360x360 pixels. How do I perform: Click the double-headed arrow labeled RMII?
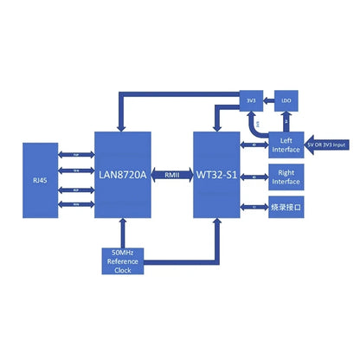tap(173, 175)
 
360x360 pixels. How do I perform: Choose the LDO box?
tap(286, 101)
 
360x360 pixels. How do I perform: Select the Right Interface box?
tap(286, 177)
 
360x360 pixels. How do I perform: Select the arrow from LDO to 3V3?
tap(267, 101)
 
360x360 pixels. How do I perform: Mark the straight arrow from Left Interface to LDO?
tap(286, 121)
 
